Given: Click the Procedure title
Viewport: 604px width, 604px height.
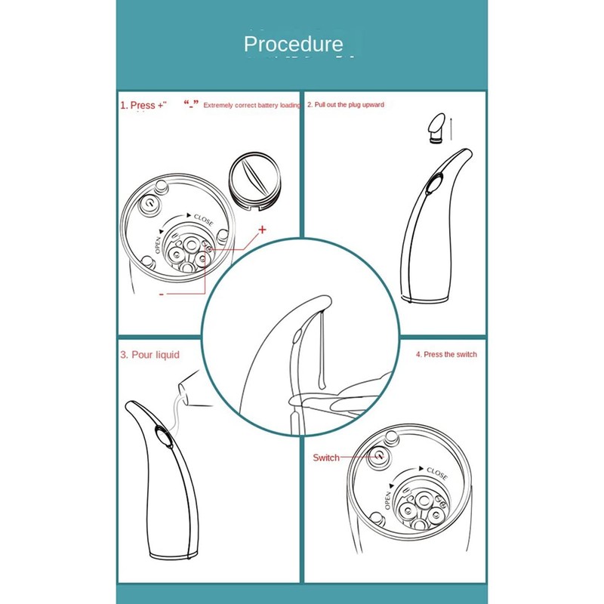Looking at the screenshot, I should tap(293, 45).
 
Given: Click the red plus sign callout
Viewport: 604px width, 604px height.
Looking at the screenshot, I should tap(263, 228).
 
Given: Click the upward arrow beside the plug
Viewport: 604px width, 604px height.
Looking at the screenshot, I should tap(451, 128).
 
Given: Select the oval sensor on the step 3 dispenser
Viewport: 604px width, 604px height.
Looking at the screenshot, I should tap(162, 436).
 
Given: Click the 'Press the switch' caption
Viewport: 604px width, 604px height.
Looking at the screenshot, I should tap(446, 354).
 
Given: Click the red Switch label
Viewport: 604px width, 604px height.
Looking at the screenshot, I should tap(326, 458).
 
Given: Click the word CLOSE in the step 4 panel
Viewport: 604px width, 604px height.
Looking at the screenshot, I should tap(436, 473).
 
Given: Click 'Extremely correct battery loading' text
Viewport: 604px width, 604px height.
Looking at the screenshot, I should tap(252, 106).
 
